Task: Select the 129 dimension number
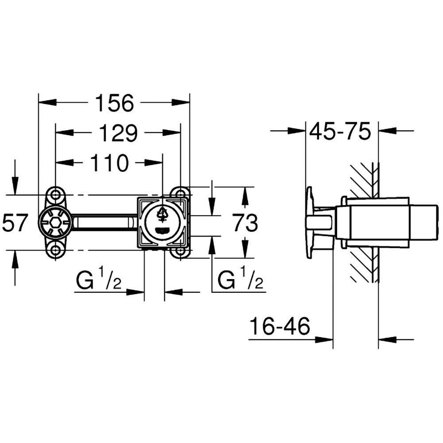tap(118, 133)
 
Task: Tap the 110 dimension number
tap(109, 163)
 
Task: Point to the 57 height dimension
tap(15, 223)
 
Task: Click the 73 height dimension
tap(245, 223)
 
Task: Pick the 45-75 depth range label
tap(340, 132)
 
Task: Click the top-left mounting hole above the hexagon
tap(55, 194)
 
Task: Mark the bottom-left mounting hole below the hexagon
tap(55, 251)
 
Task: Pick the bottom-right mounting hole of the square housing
tap(180, 251)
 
